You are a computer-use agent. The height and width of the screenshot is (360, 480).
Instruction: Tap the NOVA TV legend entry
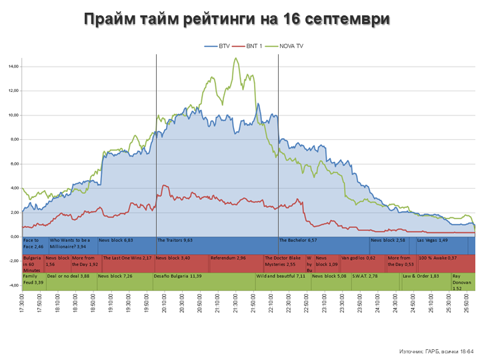(x=294, y=46)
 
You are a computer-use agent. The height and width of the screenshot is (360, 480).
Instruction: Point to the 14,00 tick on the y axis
(x=13, y=67)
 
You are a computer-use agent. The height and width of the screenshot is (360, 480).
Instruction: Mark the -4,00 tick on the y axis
(x=13, y=285)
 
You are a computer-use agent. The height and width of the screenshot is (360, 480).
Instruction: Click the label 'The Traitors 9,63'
(x=175, y=240)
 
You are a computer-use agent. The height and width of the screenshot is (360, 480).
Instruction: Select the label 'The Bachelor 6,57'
(x=298, y=240)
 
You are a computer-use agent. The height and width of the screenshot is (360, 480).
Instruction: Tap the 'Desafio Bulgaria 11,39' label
(x=177, y=275)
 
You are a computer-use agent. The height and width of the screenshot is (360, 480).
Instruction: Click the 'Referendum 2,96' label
(x=229, y=257)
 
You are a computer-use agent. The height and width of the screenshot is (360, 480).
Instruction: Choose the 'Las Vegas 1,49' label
(x=433, y=240)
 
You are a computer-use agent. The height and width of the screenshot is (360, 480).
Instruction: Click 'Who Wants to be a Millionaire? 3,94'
(x=70, y=243)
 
